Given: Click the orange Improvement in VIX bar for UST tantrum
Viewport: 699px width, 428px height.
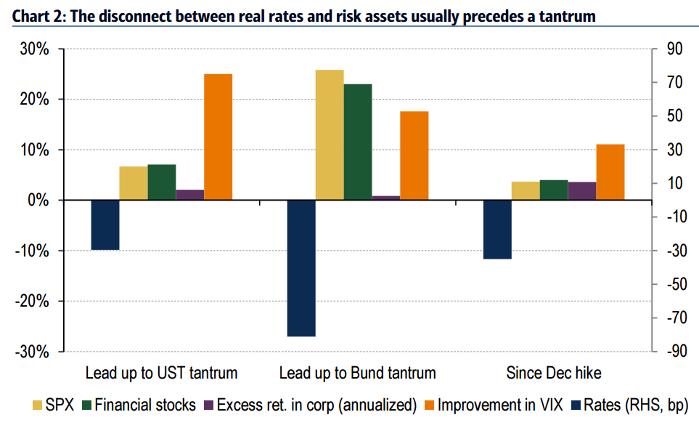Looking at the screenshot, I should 218,137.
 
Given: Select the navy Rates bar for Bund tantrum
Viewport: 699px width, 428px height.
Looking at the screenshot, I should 301,268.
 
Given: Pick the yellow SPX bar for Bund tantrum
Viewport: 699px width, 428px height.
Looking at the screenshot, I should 330,134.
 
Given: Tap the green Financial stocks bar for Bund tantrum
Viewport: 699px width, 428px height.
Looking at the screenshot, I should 358,142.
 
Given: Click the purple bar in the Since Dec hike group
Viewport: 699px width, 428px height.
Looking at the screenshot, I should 581,191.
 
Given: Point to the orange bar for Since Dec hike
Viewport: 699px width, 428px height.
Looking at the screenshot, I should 610,172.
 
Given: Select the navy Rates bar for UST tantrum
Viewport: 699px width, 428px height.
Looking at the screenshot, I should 105,225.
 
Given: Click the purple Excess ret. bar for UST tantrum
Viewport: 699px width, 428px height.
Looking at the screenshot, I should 190,195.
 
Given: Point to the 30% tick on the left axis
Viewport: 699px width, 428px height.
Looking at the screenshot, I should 34,49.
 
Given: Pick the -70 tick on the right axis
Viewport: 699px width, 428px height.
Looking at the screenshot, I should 673,318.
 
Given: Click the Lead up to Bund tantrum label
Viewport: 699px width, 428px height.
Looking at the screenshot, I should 357,374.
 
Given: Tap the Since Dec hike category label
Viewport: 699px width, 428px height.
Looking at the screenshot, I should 553,374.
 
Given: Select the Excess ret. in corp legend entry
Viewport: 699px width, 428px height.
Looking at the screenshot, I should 316,405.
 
